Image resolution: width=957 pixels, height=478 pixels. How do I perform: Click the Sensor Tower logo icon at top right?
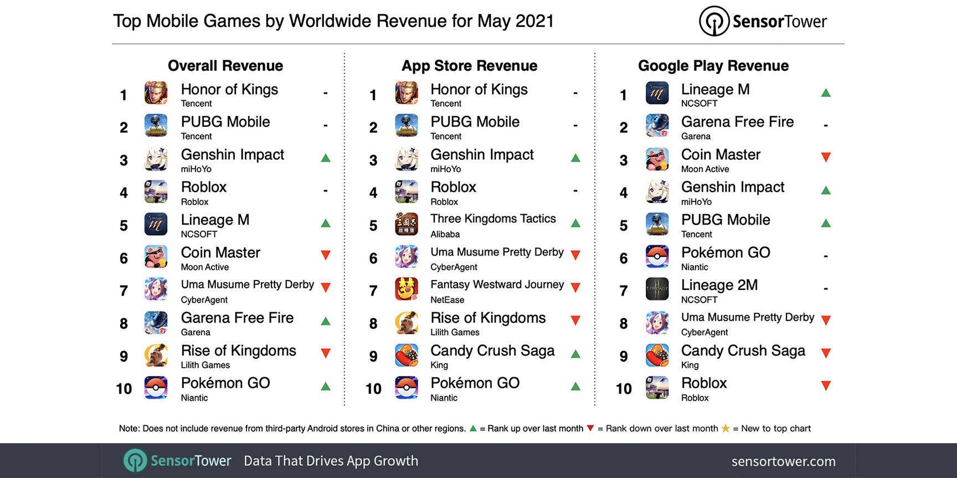[x=714, y=21]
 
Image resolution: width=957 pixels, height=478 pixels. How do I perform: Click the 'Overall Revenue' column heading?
[x=225, y=66]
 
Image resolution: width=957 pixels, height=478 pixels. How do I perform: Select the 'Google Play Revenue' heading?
[x=713, y=66]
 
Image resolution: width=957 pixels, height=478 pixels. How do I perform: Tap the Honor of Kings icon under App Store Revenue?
[x=407, y=93]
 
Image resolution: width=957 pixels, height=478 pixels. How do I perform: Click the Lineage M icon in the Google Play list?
[x=657, y=93]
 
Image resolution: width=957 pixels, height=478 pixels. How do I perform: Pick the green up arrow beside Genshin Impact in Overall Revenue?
[x=326, y=158]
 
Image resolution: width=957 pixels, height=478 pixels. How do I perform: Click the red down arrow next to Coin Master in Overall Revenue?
[x=326, y=255]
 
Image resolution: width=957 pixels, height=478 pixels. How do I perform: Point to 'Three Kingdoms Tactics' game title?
[x=493, y=219]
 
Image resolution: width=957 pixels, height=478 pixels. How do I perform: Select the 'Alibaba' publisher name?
[x=445, y=235]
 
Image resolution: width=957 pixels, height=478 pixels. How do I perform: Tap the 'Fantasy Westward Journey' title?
[x=497, y=284]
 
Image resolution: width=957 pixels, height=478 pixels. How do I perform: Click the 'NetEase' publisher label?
[x=447, y=300]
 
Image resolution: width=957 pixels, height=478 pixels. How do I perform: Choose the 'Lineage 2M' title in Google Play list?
[x=719, y=285]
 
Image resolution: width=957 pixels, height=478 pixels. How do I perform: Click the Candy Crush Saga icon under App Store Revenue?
[x=407, y=355]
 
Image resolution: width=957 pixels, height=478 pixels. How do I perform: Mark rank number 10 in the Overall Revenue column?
[x=124, y=389]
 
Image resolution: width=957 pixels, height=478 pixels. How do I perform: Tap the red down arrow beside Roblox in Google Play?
[x=826, y=386]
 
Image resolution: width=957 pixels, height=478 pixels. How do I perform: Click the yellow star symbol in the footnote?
[x=726, y=428]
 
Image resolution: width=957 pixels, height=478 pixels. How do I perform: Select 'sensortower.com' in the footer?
[x=783, y=461]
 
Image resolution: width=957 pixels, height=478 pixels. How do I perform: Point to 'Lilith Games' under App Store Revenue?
[x=455, y=332]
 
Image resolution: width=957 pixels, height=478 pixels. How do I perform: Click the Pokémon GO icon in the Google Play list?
[x=657, y=256]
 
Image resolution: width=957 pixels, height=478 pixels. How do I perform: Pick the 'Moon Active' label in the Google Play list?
[x=705, y=169]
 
